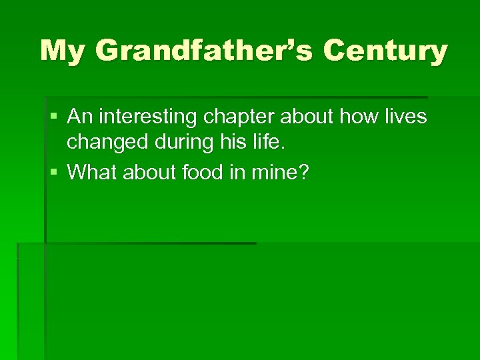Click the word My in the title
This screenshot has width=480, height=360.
pyautogui.click(x=61, y=51)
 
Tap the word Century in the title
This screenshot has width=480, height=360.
pyautogui.click(x=384, y=51)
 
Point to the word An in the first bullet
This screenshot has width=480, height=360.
pyautogui.click(x=80, y=117)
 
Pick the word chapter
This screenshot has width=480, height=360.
pyautogui.click(x=238, y=118)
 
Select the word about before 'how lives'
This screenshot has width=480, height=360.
pyautogui.click(x=307, y=117)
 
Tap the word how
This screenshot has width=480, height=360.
pyautogui.click(x=357, y=117)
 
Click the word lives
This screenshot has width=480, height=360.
pyautogui.click(x=404, y=117)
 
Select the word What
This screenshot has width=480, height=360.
pyautogui.click(x=91, y=173)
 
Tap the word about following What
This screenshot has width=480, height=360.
pyautogui.click(x=147, y=173)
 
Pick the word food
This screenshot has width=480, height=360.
pyautogui.click(x=200, y=173)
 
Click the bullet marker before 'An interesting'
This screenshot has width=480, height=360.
pyautogui.click(x=53, y=118)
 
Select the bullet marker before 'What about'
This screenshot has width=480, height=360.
pyautogui.click(x=53, y=173)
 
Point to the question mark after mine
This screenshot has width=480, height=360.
pyautogui.click(x=304, y=173)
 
